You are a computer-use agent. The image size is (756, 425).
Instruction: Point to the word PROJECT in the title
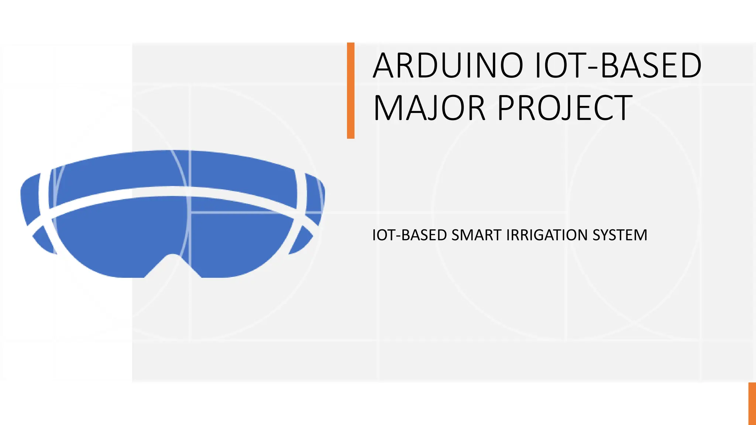click(x=565, y=108)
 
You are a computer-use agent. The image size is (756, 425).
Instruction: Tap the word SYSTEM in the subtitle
click(x=620, y=235)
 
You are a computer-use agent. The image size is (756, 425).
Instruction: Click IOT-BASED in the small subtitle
click(x=409, y=235)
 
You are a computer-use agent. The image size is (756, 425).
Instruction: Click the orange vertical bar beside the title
click(x=351, y=91)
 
